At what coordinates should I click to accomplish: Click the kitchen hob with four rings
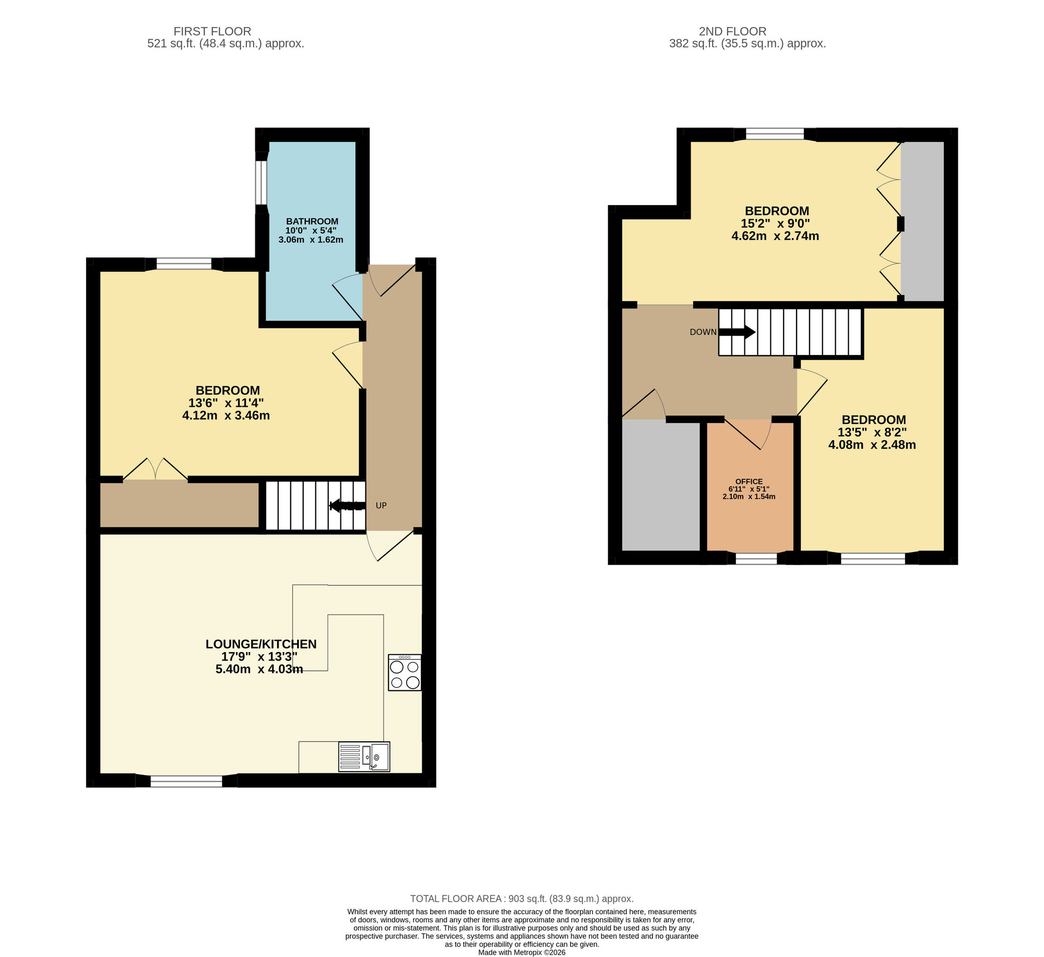pyautogui.click(x=405, y=672)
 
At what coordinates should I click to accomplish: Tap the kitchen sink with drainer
pyautogui.click(x=364, y=757)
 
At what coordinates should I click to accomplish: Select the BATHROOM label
pyautogui.click(x=312, y=221)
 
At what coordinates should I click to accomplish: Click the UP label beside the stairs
pyautogui.click(x=381, y=505)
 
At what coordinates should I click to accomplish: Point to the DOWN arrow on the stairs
pyautogui.click(x=737, y=332)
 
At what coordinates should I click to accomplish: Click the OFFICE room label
pyautogui.click(x=749, y=481)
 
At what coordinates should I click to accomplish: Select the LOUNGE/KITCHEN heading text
pyautogui.click(x=260, y=644)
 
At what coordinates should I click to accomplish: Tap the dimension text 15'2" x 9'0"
pyautogui.click(x=775, y=223)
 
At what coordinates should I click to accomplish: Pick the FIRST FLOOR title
pyautogui.click(x=212, y=31)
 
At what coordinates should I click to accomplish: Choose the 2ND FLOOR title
pyautogui.click(x=732, y=31)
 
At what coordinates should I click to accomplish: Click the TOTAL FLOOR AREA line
pyautogui.click(x=521, y=899)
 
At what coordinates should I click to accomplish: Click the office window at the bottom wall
pyautogui.click(x=756, y=559)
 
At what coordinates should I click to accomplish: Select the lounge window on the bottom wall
pyautogui.click(x=186, y=781)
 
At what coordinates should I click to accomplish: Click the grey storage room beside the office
pyautogui.click(x=660, y=486)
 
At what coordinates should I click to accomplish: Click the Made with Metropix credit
pyautogui.click(x=521, y=952)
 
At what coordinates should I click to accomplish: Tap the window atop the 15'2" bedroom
pyautogui.click(x=775, y=134)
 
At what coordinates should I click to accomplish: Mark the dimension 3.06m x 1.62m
pyautogui.click(x=311, y=240)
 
